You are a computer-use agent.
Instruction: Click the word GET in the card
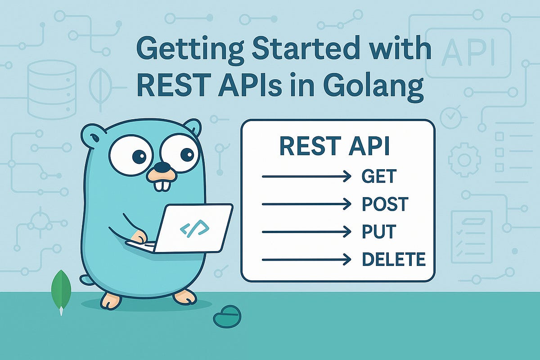point(379,176)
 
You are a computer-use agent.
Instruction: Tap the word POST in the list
point(385,204)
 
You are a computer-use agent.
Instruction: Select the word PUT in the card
point(378,232)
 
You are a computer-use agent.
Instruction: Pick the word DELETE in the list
point(394,259)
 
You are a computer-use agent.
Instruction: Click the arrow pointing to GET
point(306,176)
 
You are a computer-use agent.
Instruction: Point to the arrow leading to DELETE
point(306,259)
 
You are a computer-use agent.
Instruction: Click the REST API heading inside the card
point(335,147)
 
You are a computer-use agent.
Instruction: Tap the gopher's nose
point(162,168)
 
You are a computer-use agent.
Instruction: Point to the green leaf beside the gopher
point(61,288)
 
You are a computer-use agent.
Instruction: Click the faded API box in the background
point(468,53)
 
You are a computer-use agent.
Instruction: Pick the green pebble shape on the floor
point(227,316)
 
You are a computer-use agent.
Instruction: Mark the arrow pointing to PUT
point(306,232)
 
